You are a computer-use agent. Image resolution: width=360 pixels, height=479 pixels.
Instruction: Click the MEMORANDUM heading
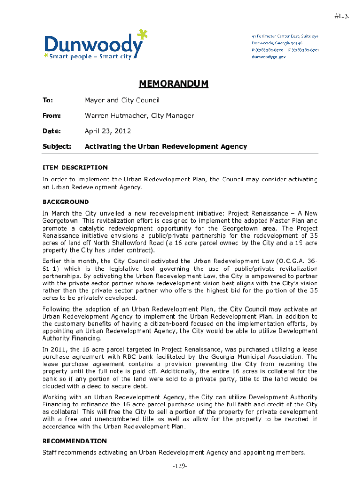(173, 84)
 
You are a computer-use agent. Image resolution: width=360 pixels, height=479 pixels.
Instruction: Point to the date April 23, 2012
(108, 131)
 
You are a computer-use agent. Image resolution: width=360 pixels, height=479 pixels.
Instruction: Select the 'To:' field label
(48, 100)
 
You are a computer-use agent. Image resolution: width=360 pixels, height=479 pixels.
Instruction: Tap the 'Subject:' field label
(57, 146)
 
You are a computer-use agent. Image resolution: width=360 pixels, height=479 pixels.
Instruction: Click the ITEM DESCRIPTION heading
(75, 167)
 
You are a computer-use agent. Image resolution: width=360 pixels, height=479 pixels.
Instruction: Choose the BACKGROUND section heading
(65, 202)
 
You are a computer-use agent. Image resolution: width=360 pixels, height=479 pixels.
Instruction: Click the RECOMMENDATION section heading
(74, 441)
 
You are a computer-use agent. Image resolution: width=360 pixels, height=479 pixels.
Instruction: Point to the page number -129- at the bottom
(180, 466)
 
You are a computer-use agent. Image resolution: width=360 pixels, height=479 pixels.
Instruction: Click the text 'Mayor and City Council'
(122, 100)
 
